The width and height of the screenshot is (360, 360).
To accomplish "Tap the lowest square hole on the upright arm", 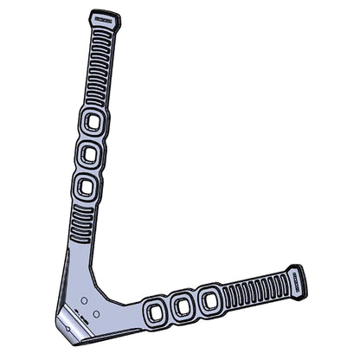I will pyautogui.click(x=85, y=186).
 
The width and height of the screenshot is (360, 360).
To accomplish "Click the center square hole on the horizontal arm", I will pyautogui.click(x=182, y=305).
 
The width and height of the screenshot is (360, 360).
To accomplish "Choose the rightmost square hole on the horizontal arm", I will pyautogui.click(x=208, y=301).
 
